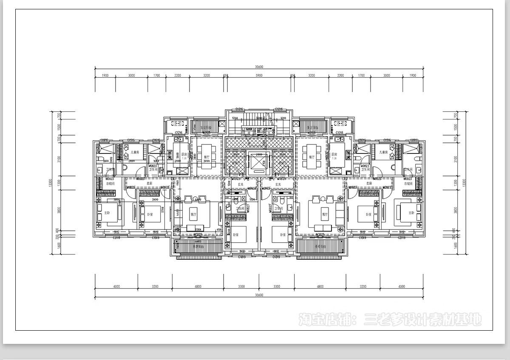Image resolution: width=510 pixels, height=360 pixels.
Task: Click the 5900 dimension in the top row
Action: pos(259,75)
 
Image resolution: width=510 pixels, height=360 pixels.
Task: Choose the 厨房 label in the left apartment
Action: pos(184,155)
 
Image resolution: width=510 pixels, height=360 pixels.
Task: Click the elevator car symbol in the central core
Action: pos(259,162)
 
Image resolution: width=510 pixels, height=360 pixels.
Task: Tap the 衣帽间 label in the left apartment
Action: pos(110,184)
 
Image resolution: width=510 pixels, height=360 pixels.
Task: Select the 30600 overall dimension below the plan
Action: pos(259,295)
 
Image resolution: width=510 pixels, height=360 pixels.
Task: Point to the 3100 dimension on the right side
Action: pos(455,159)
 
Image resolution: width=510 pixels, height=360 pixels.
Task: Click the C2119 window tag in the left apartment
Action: pos(116,238)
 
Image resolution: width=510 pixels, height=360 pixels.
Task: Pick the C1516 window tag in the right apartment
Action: pos(387,140)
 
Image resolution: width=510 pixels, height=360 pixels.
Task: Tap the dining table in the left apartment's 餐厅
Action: pos(206,157)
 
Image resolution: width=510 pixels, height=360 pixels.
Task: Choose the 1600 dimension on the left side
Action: pos(59,245)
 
